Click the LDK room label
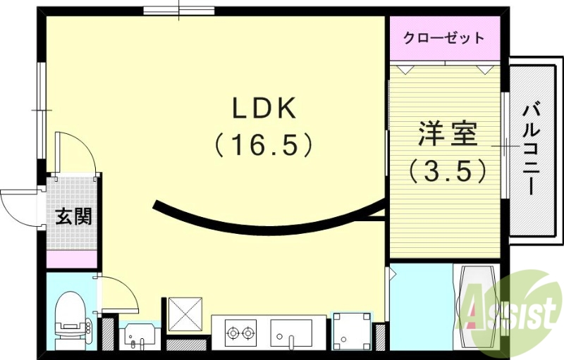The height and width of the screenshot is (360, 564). coord(266,109)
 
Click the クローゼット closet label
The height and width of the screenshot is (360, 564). coord(444,38)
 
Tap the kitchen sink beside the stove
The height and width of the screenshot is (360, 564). coord(291,332)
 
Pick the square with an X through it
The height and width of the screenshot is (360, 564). coord(184,314)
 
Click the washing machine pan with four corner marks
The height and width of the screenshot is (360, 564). coord(350,330)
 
